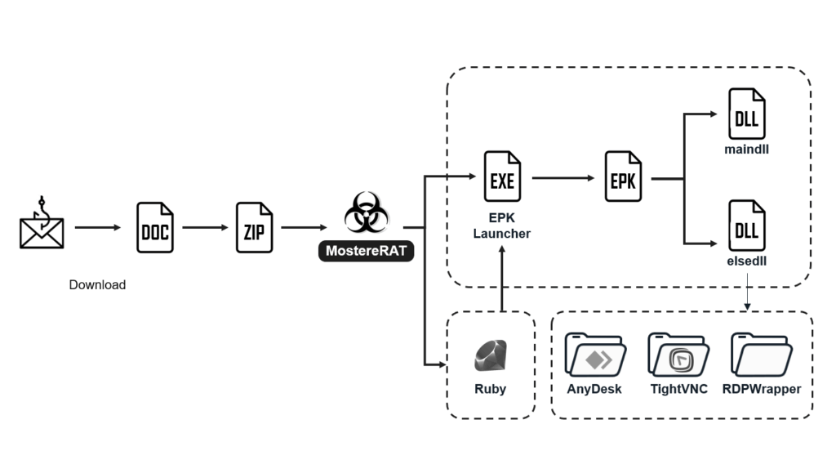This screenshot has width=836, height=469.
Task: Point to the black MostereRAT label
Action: [x=366, y=251]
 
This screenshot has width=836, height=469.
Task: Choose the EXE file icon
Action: [x=502, y=176]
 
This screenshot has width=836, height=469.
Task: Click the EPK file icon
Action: [x=623, y=176]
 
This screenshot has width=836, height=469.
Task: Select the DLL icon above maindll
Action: [x=746, y=114]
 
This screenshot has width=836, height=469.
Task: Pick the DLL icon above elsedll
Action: [x=746, y=226]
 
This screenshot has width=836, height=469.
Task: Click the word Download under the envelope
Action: [x=97, y=285]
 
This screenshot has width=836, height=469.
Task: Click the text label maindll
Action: [x=746, y=150]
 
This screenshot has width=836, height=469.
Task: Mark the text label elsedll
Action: [x=746, y=261]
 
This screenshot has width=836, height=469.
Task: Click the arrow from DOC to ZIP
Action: [x=204, y=228]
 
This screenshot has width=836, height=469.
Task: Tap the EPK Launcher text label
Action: [x=502, y=226]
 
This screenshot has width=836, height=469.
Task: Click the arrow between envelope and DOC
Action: [x=97, y=228]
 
